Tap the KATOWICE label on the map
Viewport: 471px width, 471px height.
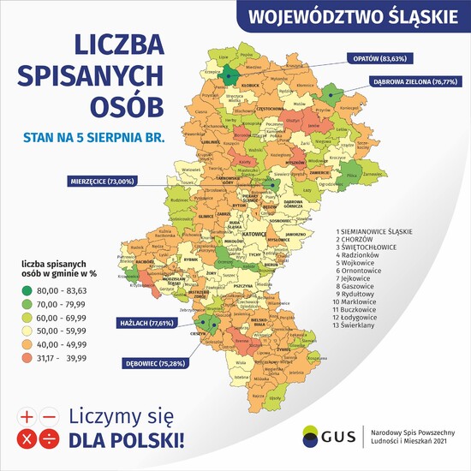tap(254, 232)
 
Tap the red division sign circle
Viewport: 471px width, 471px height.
tap(48, 440)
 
